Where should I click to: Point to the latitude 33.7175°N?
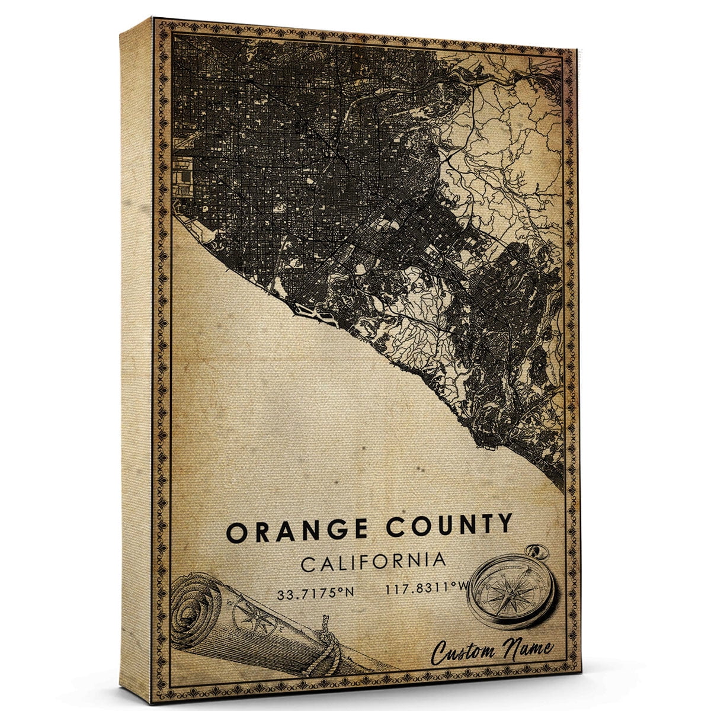(x=315, y=592)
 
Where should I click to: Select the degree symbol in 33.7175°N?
(x=342, y=589)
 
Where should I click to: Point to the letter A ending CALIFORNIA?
(x=438, y=560)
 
